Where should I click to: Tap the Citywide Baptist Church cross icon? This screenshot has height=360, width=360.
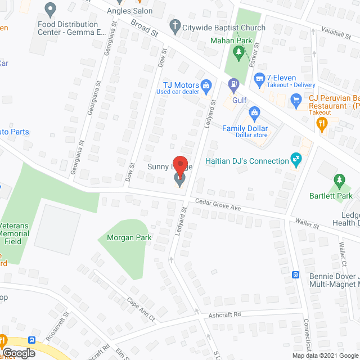point(175,26)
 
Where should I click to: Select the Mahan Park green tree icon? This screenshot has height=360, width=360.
point(239,53)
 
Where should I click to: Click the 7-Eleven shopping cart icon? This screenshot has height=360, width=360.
point(259,78)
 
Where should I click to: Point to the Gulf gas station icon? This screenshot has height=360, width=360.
point(233,86)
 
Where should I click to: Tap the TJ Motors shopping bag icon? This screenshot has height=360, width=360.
point(206,86)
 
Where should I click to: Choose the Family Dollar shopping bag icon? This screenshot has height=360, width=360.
point(254,114)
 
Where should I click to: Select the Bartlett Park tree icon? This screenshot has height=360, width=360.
point(339,181)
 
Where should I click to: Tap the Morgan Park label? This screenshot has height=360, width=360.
point(129,237)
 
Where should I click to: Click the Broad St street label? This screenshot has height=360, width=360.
point(144,29)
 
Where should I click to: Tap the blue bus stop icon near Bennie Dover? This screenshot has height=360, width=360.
point(295,275)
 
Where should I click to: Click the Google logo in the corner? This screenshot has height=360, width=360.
point(18,353)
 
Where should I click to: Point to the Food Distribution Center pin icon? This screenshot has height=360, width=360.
point(50,9)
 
